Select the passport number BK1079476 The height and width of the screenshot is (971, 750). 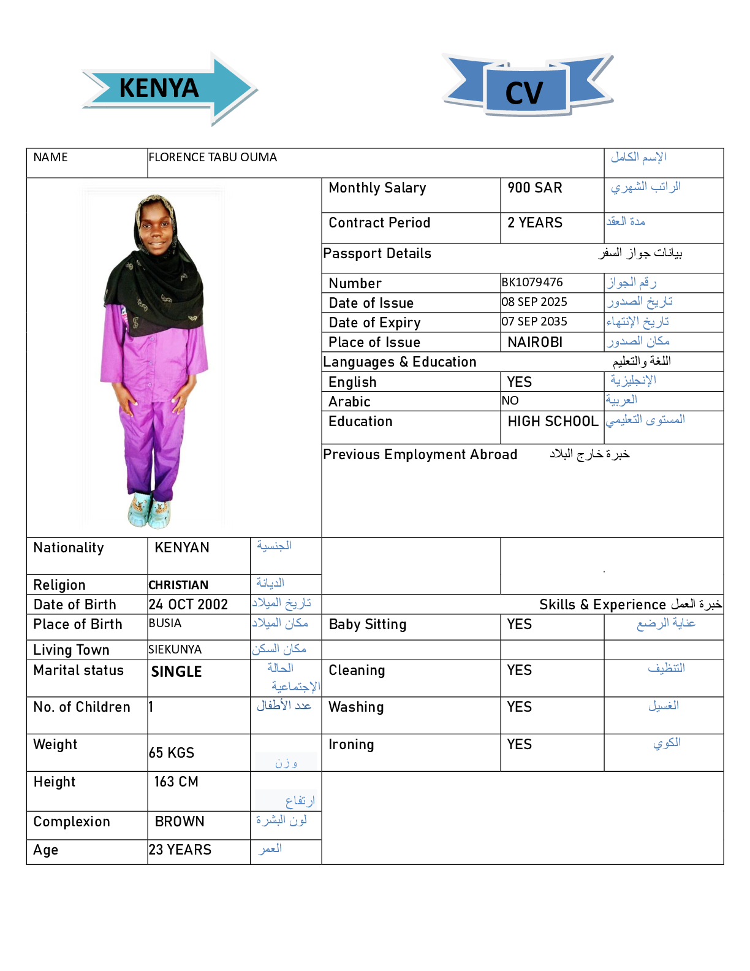point(532,283)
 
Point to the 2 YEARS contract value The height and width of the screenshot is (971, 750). point(534,223)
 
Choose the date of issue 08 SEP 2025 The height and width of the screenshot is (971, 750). point(534,302)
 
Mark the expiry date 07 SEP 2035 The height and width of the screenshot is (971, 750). point(534,322)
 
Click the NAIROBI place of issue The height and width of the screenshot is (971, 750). point(534,342)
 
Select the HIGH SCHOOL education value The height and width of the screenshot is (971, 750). point(552,422)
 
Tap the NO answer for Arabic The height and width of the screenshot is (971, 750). point(510,401)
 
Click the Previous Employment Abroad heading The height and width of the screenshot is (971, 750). point(420,455)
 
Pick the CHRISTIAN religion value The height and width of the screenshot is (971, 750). point(178,585)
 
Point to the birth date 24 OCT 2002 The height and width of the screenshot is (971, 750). point(188,605)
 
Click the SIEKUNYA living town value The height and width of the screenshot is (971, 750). point(175,650)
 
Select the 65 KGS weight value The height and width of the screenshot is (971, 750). point(172,753)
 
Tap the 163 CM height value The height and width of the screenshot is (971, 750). point(176,782)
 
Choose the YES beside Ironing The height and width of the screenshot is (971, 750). point(519,745)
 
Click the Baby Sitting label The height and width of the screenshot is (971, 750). point(367,625)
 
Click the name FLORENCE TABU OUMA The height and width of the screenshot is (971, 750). point(213,158)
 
